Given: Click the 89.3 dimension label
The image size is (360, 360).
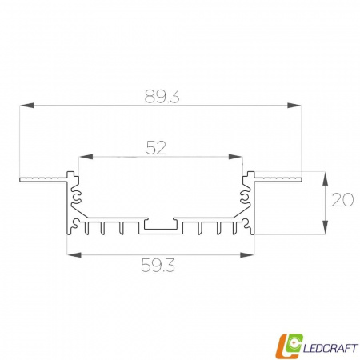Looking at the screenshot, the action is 162,97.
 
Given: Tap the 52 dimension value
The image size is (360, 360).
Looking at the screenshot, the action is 156,148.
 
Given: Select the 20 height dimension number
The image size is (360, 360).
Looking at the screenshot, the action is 342,200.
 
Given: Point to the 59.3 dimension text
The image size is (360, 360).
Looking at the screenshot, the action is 158,266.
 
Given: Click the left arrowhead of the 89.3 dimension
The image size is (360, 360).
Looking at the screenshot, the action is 26,105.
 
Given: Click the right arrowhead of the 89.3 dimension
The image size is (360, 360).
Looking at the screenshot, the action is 294,105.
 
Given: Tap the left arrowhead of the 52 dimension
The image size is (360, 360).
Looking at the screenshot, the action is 86,157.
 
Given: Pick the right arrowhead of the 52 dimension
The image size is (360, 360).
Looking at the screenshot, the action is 236,157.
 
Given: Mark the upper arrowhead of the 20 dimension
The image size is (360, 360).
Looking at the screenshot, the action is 325,179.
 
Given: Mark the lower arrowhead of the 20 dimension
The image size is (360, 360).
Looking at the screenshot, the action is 325,227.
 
